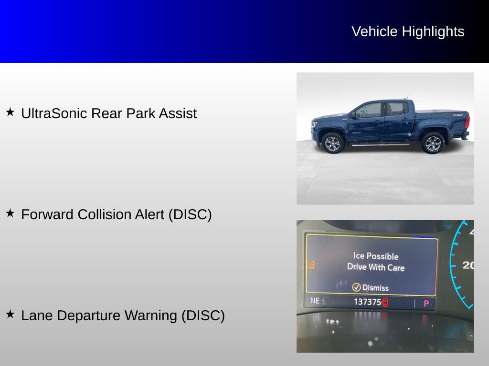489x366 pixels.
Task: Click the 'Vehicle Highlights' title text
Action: click(x=408, y=31)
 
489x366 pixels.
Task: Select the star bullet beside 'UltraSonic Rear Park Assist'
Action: click(x=10, y=112)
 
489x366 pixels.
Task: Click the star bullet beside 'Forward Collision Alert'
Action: click(x=10, y=213)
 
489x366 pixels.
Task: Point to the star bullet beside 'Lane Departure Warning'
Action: click(x=10, y=314)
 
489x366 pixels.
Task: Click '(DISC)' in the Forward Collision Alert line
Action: click(x=190, y=214)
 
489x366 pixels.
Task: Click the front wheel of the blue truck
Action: click(x=332, y=143)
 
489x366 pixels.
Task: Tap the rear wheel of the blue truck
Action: click(x=433, y=143)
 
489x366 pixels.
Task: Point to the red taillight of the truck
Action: click(x=467, y=122)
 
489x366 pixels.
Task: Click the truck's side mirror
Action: click(x=353, y=115)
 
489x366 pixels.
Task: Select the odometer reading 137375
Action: click(x=367, y=302)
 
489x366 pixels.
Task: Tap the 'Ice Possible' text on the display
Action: click(x=375, y=256)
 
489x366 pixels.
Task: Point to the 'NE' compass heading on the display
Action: click(x=315, y=301)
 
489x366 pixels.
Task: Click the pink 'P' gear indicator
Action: click(x=426, y=303)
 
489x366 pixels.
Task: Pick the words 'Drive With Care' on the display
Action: click(x=375, y=267)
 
